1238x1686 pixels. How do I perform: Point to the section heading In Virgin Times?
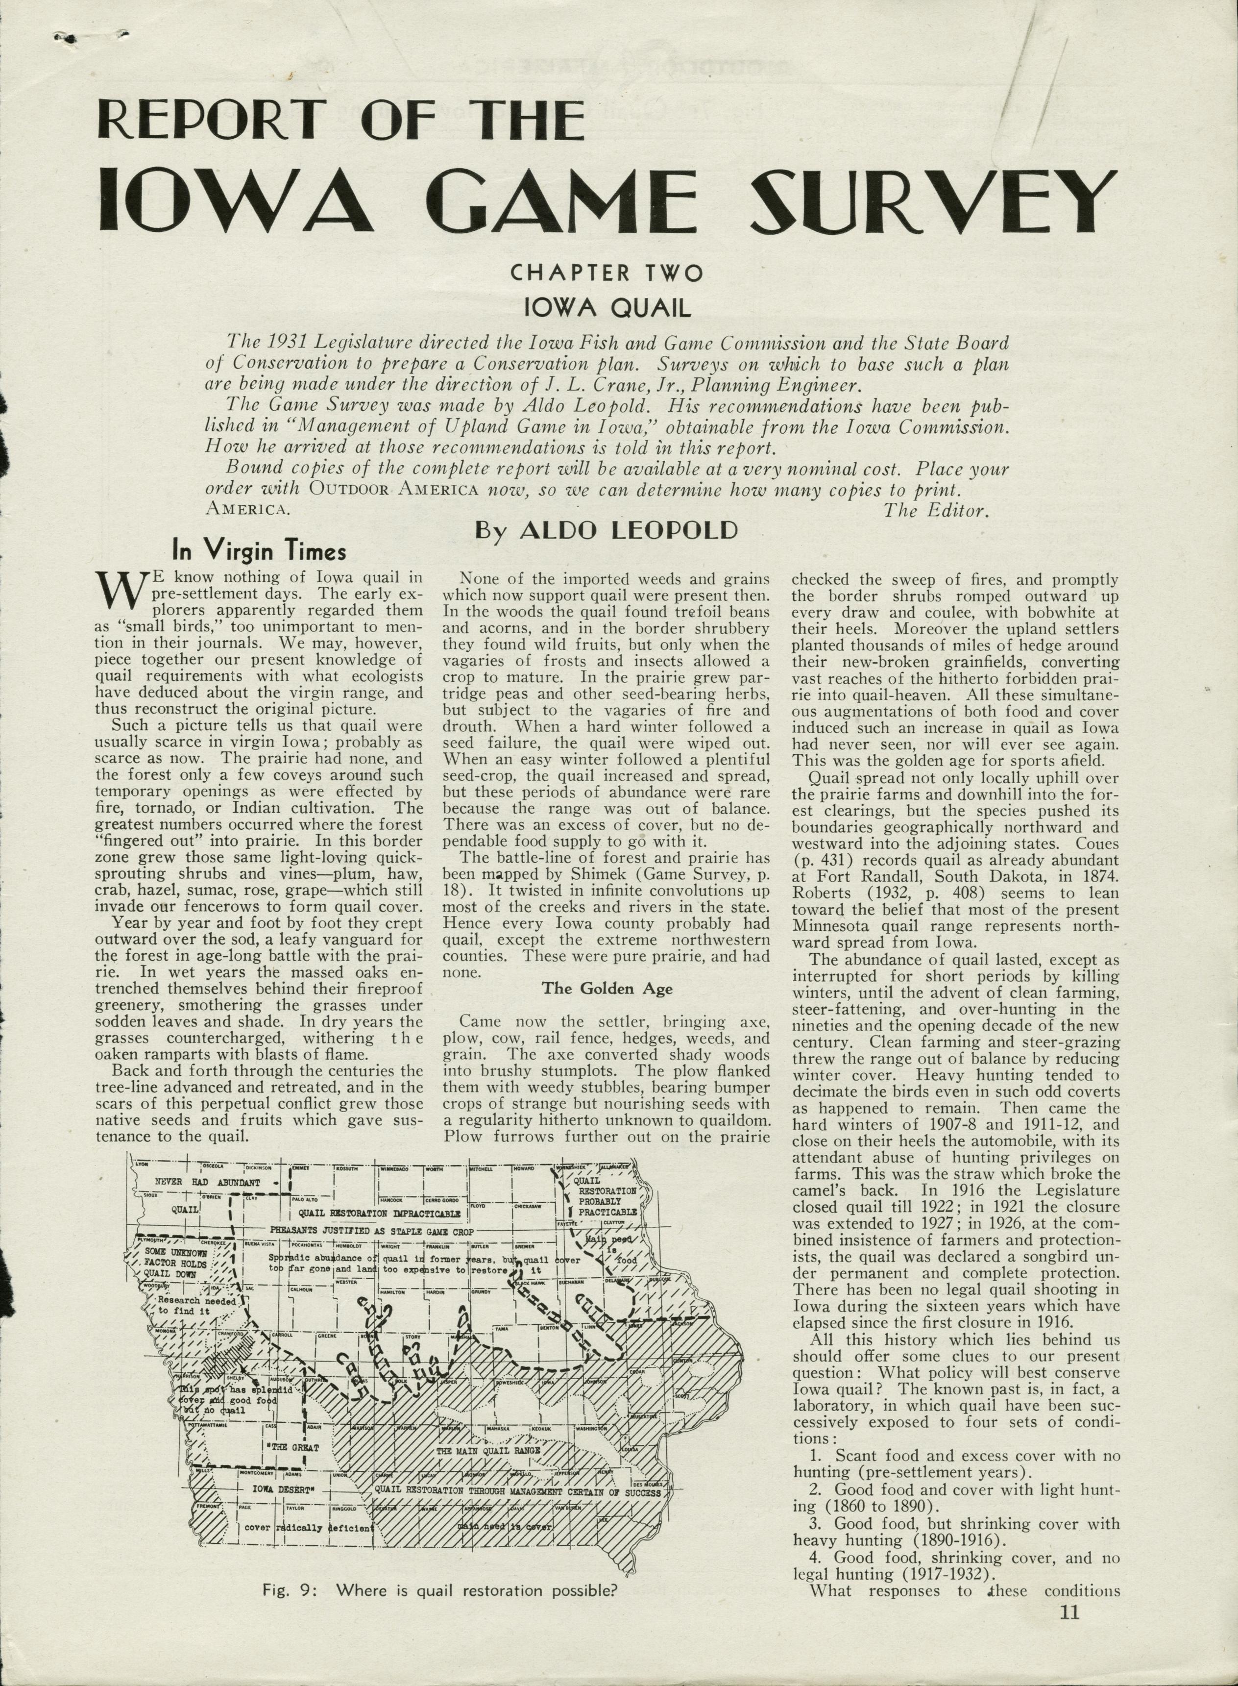[x=259, y=552]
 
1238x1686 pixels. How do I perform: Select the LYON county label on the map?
[x=142, y=1164]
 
